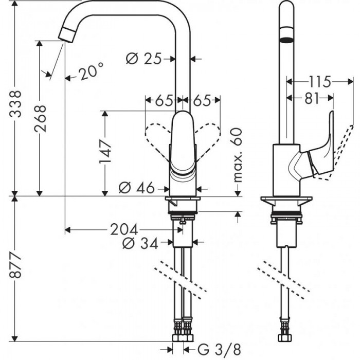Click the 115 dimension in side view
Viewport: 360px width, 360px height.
point(320,81)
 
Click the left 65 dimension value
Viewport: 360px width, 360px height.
point(164,100)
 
